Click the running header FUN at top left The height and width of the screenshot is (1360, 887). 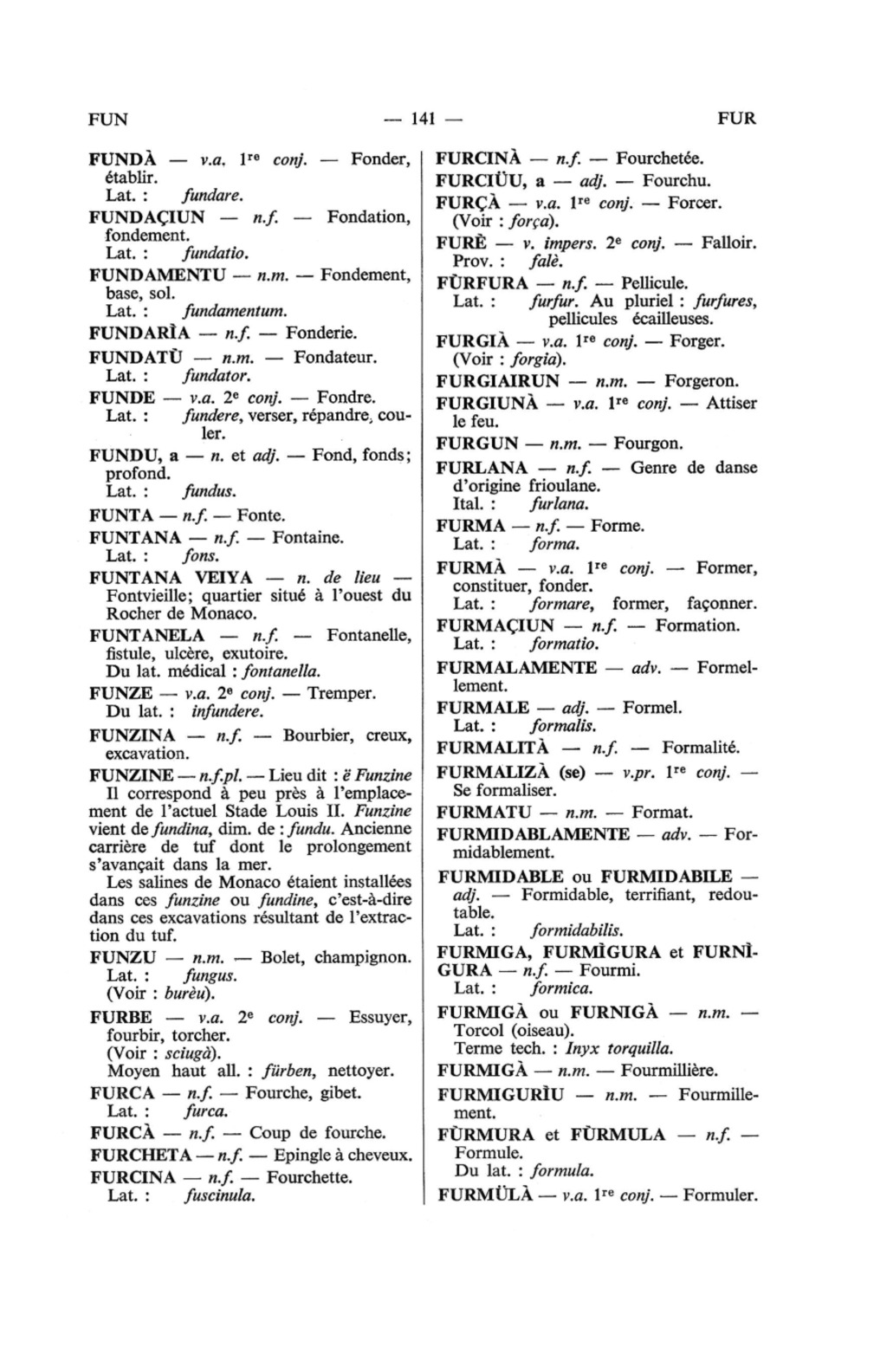108,119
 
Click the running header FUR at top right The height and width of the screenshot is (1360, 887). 737,119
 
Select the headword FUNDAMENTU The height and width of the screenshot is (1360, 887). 158,275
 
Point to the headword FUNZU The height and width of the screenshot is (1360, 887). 123,957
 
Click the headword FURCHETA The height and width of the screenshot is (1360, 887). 140,1156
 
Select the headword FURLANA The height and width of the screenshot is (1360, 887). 482,468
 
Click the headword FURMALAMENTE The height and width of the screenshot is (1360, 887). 516,668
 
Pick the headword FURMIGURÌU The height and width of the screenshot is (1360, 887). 501,1095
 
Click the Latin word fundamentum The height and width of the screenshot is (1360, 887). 235,310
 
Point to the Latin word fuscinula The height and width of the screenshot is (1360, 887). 219,1196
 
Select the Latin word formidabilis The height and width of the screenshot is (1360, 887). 576,931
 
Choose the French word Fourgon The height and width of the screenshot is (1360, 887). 649,444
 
